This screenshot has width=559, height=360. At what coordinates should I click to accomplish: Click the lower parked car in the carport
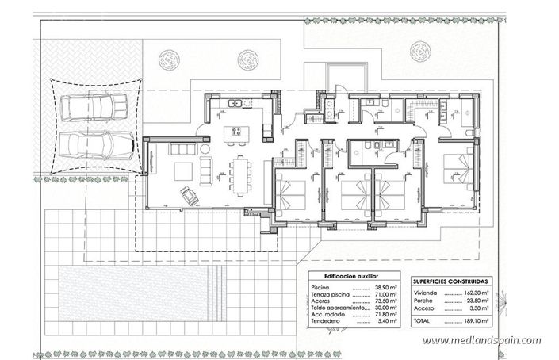point(93,146)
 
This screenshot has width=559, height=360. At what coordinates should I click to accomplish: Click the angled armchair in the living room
point(190,193)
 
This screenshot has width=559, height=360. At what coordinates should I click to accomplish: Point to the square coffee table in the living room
point(182,170)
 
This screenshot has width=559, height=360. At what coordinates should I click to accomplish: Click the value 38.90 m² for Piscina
point(388,286)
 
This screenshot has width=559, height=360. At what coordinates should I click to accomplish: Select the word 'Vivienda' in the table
point(427,293)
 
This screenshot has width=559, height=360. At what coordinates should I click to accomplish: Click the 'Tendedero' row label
point(327,322)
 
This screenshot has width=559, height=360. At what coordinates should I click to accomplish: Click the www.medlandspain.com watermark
point(481,341)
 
